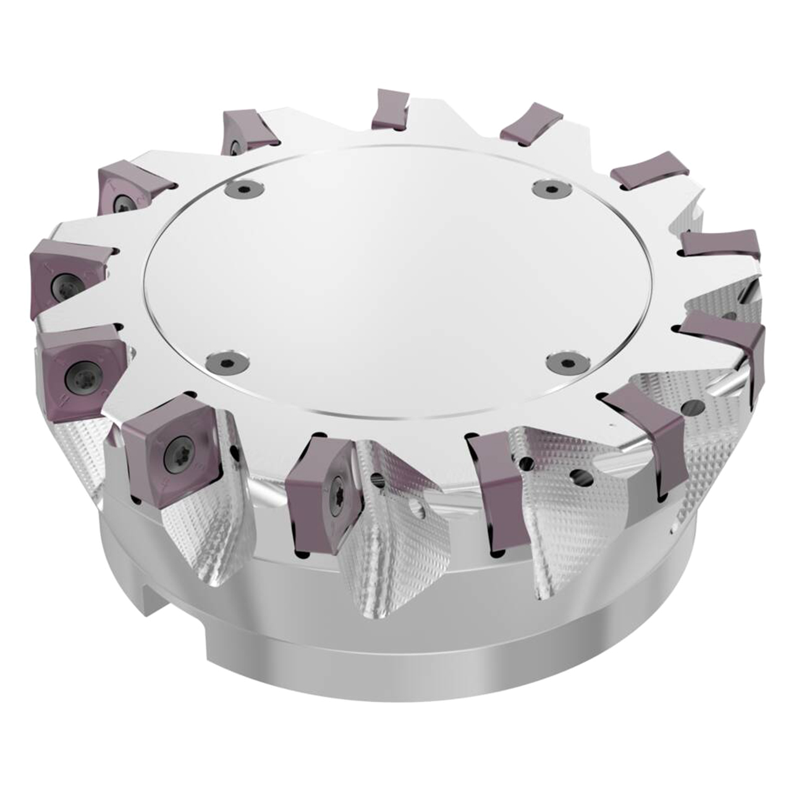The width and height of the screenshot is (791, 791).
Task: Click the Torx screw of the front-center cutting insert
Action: pos(341,488)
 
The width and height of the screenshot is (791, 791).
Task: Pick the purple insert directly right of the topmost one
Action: pos(531,124)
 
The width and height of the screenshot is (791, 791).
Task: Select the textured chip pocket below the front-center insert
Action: pos(395,544)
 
